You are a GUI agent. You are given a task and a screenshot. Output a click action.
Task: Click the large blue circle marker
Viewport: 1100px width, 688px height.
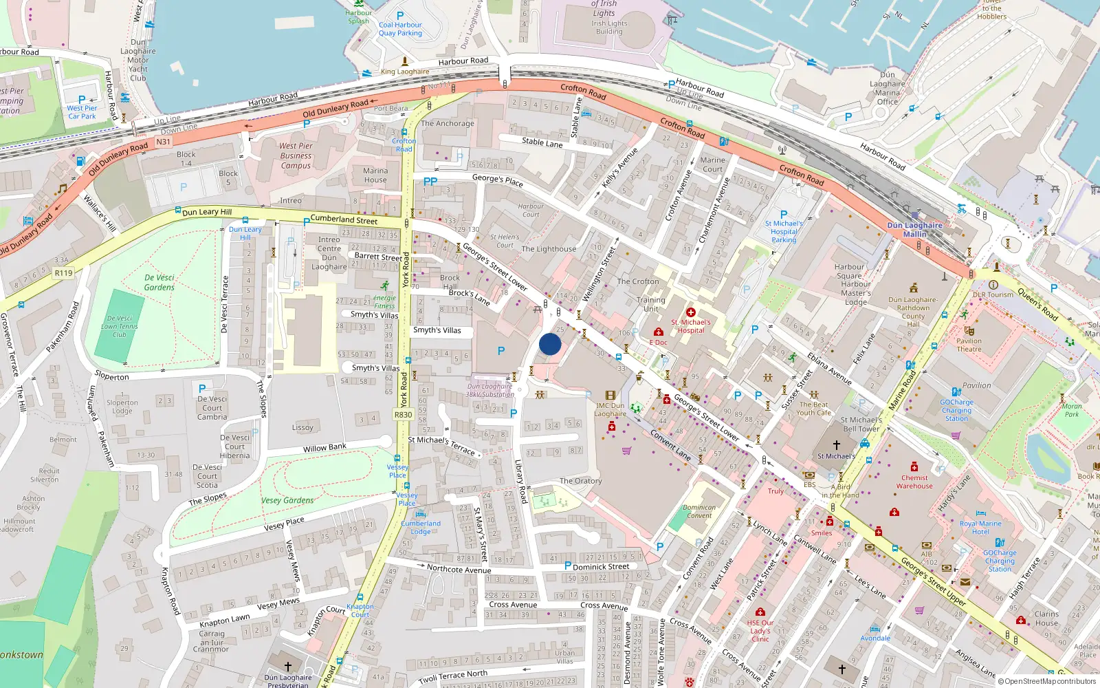(x=550, y=344)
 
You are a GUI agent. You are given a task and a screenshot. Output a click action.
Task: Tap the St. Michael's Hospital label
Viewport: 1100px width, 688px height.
(x=691, y=326)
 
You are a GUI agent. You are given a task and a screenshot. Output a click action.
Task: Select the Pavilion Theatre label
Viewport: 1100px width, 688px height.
(x=969, y=345)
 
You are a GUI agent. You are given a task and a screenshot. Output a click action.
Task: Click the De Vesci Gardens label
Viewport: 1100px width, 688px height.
(x=159, y=283)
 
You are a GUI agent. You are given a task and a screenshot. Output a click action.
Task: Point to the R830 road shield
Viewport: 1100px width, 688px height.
(x=404, y=415)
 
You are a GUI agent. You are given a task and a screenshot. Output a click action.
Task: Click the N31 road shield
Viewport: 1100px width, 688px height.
(x=163, y=142)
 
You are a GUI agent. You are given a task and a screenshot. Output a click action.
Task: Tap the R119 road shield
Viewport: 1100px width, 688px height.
(x=63, y=273)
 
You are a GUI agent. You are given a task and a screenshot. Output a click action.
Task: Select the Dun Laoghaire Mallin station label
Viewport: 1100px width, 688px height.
(x=914, y=230)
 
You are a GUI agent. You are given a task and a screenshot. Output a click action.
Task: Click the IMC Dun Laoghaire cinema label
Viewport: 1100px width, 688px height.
(x=610, y=409)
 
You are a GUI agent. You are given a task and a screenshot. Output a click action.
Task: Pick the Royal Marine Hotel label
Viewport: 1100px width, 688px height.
(x=980, y=528)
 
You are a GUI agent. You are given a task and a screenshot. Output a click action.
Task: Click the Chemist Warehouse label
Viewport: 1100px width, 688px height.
(x=914, y=482)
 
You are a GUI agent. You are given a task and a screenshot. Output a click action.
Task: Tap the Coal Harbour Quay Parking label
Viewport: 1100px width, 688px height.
(x=400, y=29)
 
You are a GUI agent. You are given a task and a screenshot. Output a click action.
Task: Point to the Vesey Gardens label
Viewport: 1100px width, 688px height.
(x=287, y=500)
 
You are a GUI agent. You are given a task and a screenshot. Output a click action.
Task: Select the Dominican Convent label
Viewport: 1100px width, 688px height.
(x=699, y=511)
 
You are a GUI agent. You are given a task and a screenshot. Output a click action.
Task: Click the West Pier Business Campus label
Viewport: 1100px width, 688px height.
(x=296, y=155)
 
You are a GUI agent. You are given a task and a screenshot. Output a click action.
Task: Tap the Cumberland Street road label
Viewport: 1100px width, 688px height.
(x=344, y=219)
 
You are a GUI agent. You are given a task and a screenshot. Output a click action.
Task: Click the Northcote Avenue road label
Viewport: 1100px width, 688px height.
(x=459, y=569)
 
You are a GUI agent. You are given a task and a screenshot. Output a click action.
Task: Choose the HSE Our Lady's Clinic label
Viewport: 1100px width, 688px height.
(x=760, y=630)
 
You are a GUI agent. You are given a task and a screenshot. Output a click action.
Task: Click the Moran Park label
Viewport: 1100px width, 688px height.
(x=1072, y=410)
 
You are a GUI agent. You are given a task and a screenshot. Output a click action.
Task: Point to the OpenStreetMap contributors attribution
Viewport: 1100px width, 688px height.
(x=1047, y=682)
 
